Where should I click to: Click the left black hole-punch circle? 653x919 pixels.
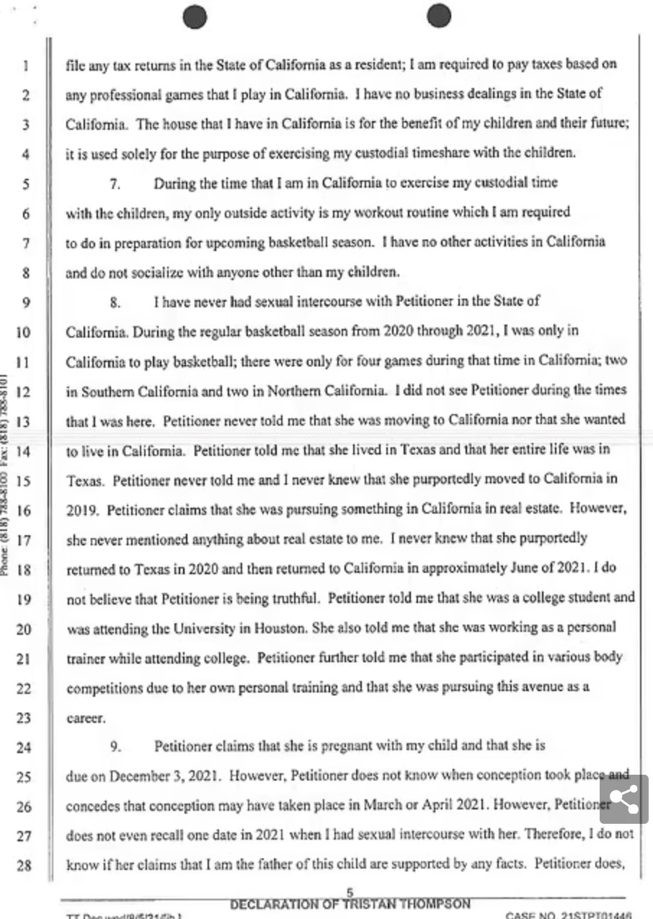tap(195, 17)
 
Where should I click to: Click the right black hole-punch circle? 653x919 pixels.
tap(438, 15)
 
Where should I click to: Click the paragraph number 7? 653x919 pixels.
tap(114, 184)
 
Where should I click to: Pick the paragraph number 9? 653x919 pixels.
tap(114, 747)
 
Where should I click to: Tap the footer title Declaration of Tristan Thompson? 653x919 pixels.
tap(350, 905)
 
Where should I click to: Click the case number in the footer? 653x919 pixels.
tap(569, 915)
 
